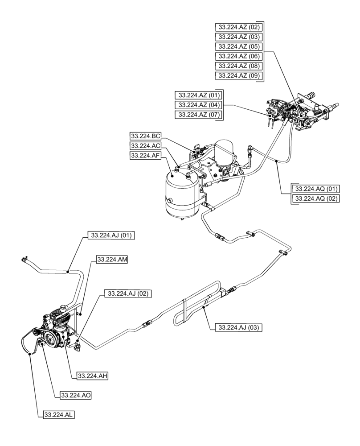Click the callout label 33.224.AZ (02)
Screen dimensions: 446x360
click(x=238, y=27)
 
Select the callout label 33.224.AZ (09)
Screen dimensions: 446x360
click(x=238, y=75)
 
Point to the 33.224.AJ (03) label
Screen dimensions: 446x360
click(x=238, y=327)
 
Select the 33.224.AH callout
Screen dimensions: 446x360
click(x=93, y=376)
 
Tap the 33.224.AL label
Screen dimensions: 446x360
click(x=59, y=415)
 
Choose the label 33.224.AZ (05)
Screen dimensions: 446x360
click(x=238, y=46)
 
